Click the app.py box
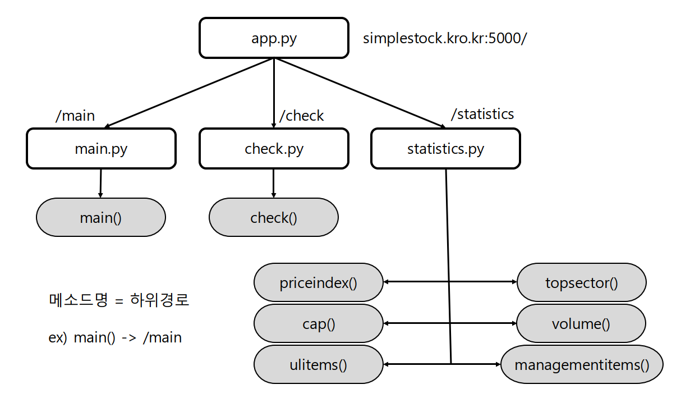click(x=274, y=38)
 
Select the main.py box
click(x=101, y=149)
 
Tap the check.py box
click(x=274, y=149)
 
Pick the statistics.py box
click(x=445, y=149)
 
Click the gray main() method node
click(x=101, y=217)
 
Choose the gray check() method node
click(x=274, y=217)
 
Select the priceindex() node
click(x=318, y=282)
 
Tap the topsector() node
click(x=581, y=282)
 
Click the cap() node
click(x=318, y=323)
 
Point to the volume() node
click(x=581, y=323)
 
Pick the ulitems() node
click(x=318, y=364)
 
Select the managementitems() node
click(x=581, y=365)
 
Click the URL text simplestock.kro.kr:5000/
click(x=445, y=38)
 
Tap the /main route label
click(x=75, y=116)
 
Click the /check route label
click(x=302, y=116)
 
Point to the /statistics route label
click(x=482, y=114)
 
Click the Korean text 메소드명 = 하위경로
click(x=119, y=300)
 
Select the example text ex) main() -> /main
click(x=115, y=337)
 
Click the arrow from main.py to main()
click(x=100, y=183)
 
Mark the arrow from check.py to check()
click(x=273, y=183)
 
